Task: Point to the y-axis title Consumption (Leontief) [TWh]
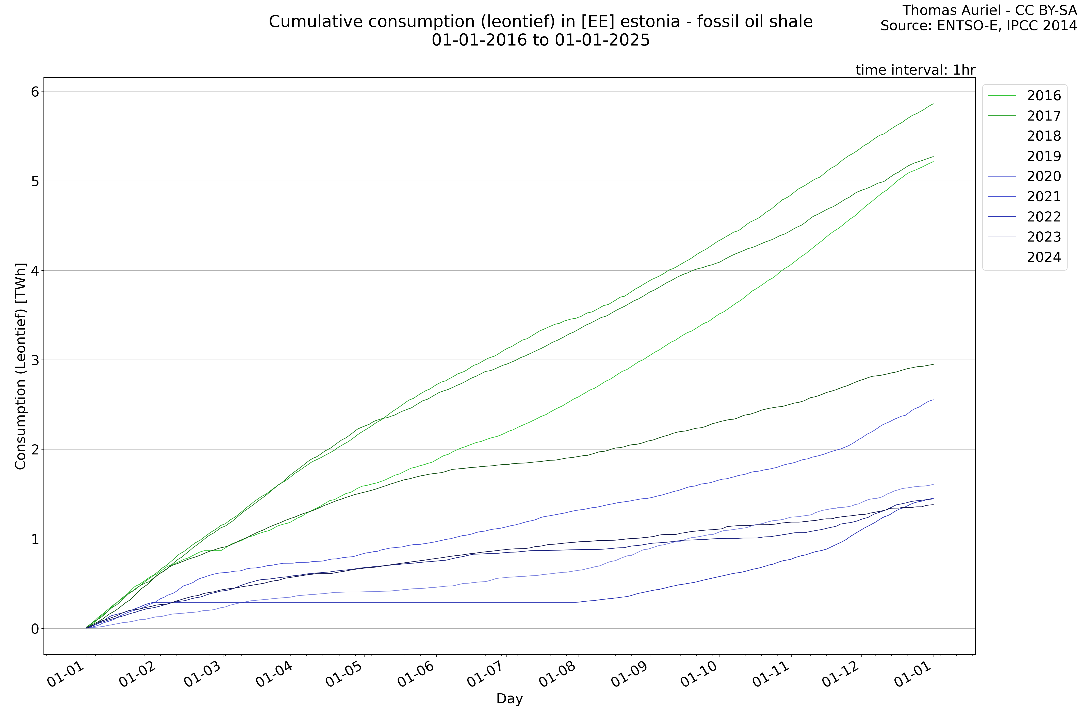tap(21, 367)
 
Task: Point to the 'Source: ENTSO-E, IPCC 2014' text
tap(979, 26)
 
